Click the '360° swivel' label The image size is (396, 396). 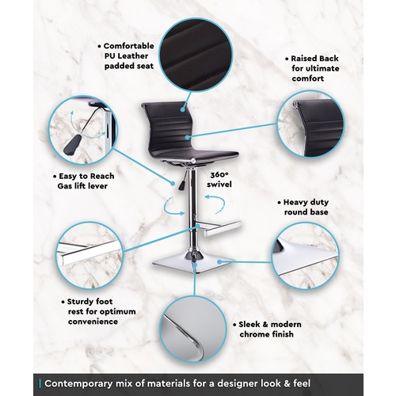tap(219, 180)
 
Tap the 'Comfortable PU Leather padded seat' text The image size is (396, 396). tap(126, 56)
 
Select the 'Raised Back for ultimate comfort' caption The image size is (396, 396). tap(313, 68)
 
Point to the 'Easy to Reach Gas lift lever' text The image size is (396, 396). tap(84, 181)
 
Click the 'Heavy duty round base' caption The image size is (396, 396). tap(303, 208)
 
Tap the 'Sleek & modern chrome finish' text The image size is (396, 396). tap(267, 329)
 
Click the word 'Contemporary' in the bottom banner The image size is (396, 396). tap(78, 383)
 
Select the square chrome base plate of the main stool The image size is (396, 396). tap(193, 264)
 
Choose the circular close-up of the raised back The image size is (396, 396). tap(311, 124)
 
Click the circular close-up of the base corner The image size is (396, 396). tap(306, 256)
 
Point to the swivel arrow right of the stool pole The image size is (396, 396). tap(217, 204)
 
